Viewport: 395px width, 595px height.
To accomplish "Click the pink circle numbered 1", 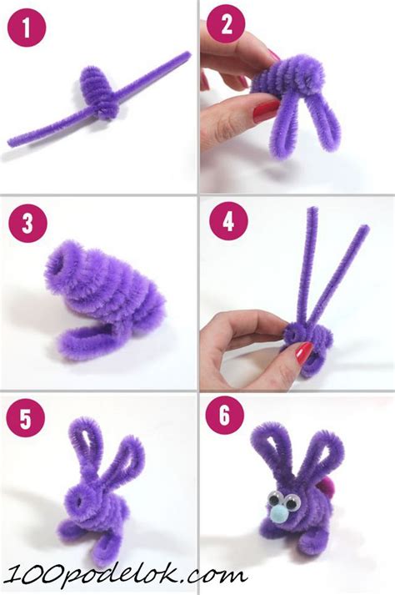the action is point(26,28).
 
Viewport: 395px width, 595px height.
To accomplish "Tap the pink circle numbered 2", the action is point(227,24).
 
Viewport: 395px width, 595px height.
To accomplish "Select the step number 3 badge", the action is point(27,223).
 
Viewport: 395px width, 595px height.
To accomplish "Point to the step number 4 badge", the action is point(228,221).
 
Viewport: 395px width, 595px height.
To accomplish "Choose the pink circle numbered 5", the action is point(25,418).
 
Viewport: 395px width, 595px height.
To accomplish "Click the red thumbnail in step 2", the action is point(266,109).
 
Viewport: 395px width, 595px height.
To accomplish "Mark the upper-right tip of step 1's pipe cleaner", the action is point(188,54).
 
